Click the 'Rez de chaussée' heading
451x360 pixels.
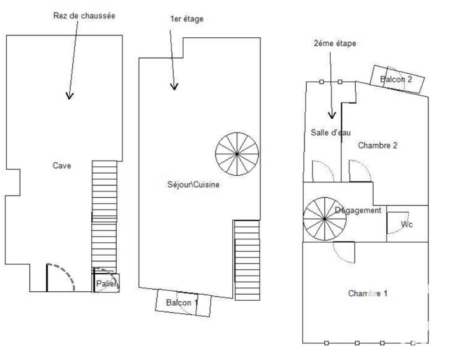point(84,16)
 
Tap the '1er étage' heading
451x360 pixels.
point(187,19)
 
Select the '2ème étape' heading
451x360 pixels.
point(335,43)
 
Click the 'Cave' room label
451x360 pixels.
point(62,166)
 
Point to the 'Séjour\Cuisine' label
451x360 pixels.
point(193,184)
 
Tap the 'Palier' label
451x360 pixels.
point(107,283)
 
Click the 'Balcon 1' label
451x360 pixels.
point(182,303)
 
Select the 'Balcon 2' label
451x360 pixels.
point(396,79)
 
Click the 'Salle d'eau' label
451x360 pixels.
point(331,132)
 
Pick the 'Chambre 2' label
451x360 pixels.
point(378,145)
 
